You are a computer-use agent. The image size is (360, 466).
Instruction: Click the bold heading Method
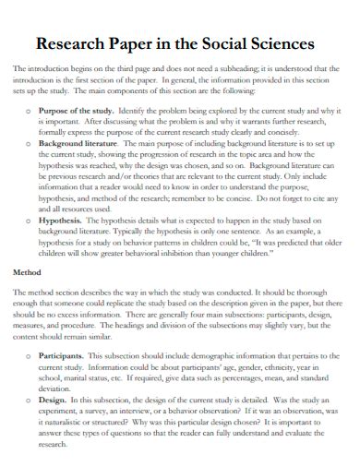click(x=27, y=273)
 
